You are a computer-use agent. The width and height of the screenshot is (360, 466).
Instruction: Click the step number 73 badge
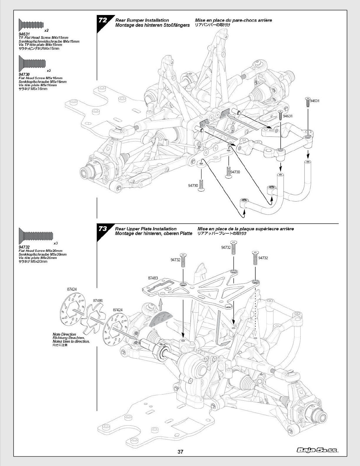[x=103, y=229]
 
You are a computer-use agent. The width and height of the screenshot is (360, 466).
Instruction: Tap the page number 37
[x=180, y=452]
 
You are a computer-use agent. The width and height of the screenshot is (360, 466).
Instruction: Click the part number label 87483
[x=153, y=278]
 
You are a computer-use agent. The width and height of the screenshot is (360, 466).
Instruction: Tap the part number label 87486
[x=98, y=301]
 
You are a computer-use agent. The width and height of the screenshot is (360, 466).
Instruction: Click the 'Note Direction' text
[x=64, y=334]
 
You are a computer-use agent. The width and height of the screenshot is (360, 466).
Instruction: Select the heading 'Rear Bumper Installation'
[x=142, y=21]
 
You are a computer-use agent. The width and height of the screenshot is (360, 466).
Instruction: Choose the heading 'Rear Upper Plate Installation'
[x=146, y=229]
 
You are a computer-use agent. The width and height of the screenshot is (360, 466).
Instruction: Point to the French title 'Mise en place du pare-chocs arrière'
[x=233, y=21]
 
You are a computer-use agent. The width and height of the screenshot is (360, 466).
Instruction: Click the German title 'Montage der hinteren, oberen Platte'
[x=154, y=233]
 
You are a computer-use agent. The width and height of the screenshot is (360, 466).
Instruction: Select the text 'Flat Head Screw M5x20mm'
[x=40, y=251]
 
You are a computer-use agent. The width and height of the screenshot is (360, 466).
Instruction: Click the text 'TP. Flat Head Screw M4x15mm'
[x=43, y=38]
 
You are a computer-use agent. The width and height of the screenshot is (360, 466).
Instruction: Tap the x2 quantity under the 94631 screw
[x=46, y=31]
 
